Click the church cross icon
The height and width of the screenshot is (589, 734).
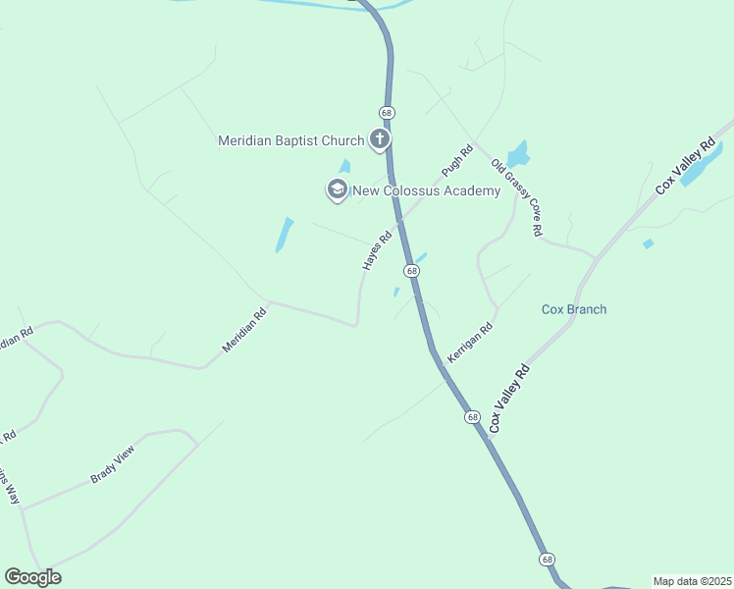click(x=379, y=140)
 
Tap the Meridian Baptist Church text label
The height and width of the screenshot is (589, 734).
click(x=290, y=141)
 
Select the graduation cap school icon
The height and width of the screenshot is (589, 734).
click(x=337, y=189)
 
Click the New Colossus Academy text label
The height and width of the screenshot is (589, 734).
click(x=428, y=190)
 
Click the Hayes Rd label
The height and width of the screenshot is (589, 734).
click(x=377, y=250)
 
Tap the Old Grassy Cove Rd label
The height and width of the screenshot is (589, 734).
click(x=517, y=197)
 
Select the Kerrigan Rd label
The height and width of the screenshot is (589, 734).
click(x=468, y=345)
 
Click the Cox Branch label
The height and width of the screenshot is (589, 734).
click(x=574, y=309)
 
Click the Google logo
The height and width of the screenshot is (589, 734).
click(x=32, y=577)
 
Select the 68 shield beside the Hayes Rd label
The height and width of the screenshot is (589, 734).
click(x=411, y=270)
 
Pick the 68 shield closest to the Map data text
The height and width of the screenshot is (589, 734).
click(x=547, y=559)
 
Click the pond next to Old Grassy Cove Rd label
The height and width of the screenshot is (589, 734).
click(x=516, y=154)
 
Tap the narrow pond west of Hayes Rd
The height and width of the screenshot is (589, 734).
click(x=285, y=234)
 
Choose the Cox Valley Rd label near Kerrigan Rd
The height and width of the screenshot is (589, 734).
click(x=509, y=398)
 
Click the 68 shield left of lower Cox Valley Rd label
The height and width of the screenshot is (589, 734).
click(x=473, y=417)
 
